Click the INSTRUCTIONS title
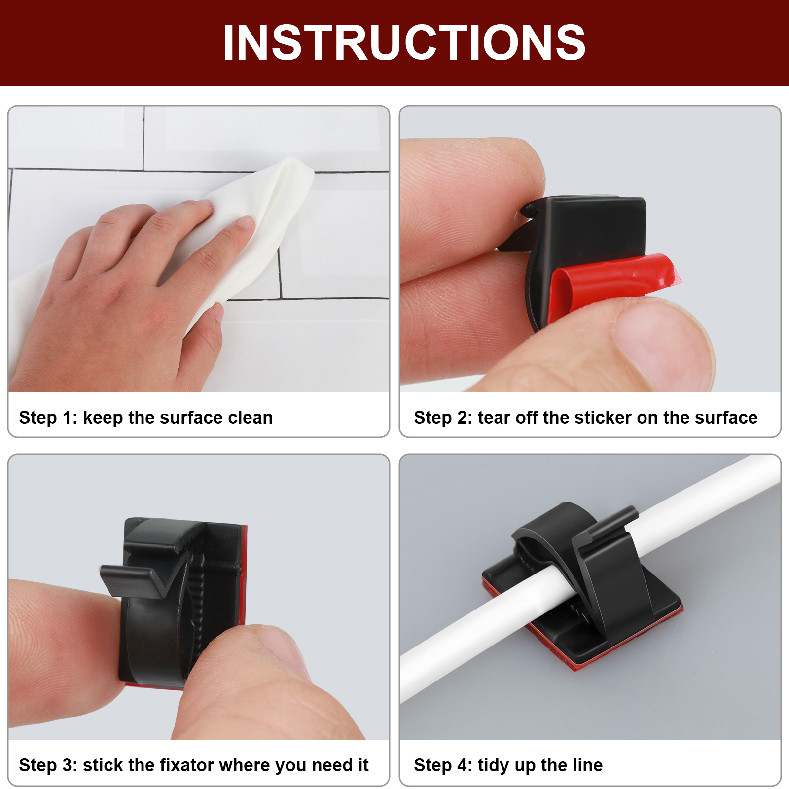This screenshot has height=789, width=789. click(x=404, y=42)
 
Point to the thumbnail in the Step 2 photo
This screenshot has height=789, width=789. click(x=661, y=340)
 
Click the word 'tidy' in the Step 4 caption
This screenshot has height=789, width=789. click(x=494, y=766)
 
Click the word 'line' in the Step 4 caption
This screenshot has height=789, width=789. click(x=587, y=765)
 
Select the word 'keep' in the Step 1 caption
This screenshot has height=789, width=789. click(x=103, y=418)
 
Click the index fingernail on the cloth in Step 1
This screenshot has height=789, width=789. click(x=245, y=222)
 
